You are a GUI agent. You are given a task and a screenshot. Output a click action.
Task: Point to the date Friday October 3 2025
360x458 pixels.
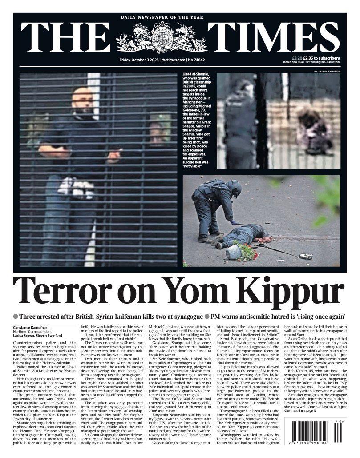139,60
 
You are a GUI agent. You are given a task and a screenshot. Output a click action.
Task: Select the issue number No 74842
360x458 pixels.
196,60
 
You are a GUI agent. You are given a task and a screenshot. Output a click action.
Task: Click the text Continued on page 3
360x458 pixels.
300,411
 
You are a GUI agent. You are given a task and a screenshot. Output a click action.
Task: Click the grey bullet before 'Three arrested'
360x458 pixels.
16,317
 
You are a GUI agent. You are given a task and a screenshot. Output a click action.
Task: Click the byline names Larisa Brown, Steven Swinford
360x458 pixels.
38,336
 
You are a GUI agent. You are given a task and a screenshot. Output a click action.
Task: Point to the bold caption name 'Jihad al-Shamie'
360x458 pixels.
194,76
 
